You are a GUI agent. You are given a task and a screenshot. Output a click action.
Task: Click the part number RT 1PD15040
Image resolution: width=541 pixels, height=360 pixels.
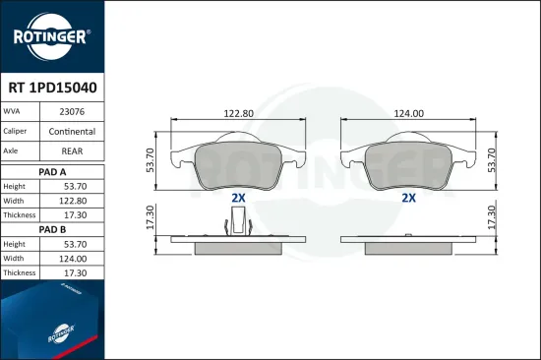(x=52, y=88)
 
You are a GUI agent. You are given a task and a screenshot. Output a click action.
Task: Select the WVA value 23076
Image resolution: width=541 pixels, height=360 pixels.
(x=72, y=112)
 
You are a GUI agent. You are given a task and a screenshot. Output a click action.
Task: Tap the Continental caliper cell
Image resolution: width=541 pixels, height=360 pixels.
(x=72, y=132)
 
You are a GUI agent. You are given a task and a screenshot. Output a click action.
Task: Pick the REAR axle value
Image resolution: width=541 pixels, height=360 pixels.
(x=72, y=151)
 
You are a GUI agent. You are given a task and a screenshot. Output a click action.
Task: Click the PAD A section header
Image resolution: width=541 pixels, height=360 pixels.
(x=52, y=172)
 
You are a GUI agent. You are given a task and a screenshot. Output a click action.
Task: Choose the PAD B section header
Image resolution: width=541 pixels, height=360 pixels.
(x=52, y=229)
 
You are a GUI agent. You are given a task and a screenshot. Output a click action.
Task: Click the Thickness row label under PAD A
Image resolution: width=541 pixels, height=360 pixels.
(x=20, y=215)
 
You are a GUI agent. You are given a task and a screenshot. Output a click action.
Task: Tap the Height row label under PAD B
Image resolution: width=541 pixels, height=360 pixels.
(x=14, y=244)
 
